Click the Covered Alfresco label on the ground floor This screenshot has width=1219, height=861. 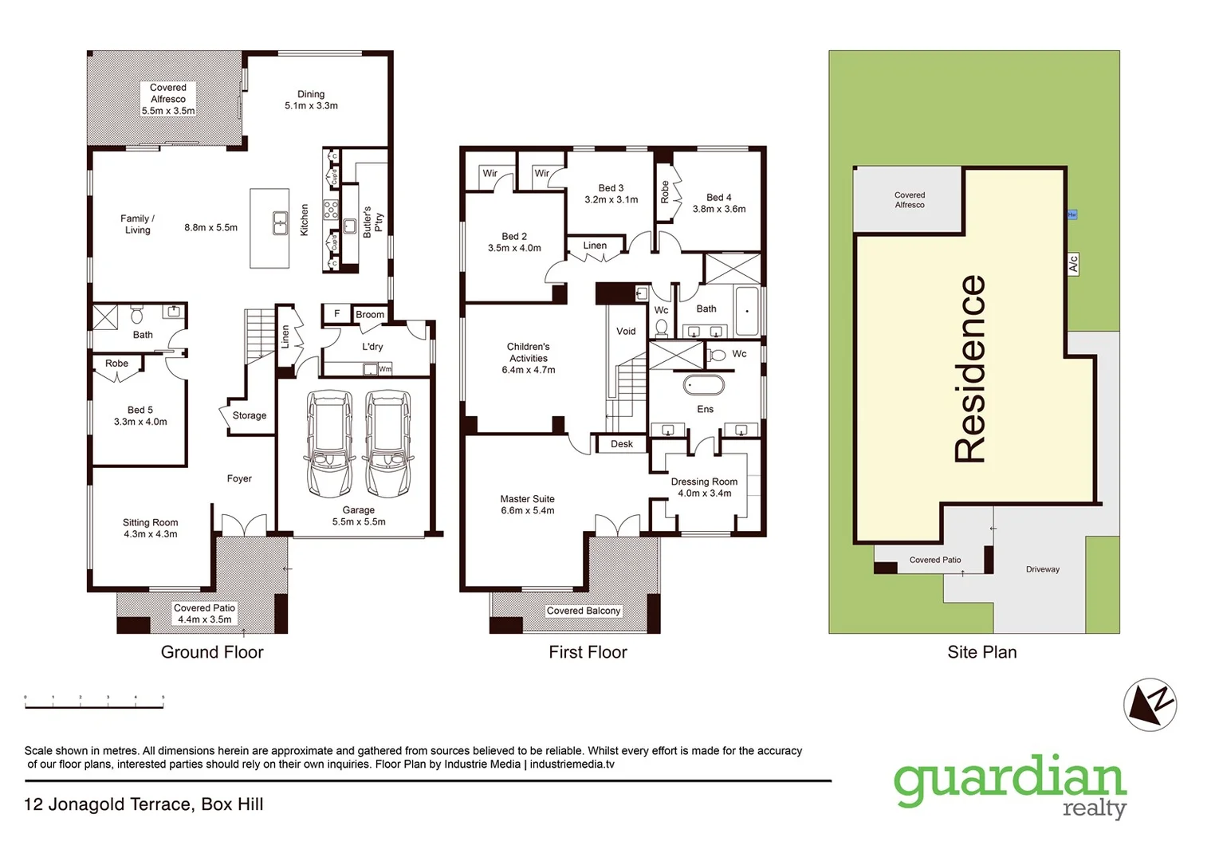(x=167, y=93)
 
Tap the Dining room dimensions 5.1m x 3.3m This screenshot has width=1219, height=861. (x=311, y=106)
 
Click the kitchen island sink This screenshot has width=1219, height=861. (x=280, y=223)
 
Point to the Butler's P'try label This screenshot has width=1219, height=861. (x=372, y=222)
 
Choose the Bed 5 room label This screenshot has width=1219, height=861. (x=140, y=410)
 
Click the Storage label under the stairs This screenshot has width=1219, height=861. (x=250, y=415)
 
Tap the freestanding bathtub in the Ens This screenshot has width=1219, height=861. (x=704, y=385)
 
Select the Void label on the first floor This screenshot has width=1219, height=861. (x=626, y=332)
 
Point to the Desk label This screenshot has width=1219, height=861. (x=622, y=444)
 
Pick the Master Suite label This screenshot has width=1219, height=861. (x=527, y=499)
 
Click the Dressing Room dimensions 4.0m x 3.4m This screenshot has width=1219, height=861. (x=704, y=493)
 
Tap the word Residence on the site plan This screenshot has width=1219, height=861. (x=970, y=368)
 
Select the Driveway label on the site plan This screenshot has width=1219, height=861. (x=1042, y=569)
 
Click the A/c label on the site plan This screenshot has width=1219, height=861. (x=1073, y=264)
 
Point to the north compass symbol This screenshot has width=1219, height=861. (x=1150, y=705)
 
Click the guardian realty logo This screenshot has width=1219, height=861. (x=1010, y=786)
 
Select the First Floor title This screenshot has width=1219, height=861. (x=588, y=652)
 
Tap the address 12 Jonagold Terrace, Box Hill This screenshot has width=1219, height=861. (x=144, y=804)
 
